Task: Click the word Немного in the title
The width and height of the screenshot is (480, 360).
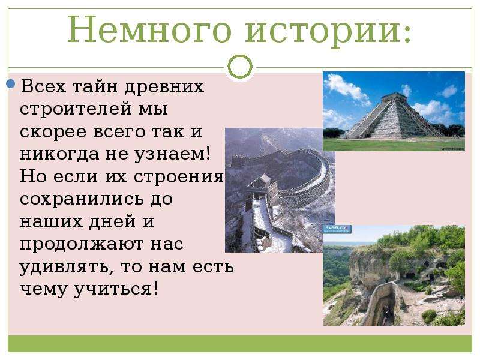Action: click(x=149, y=29)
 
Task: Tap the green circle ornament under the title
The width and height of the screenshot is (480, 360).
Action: click(x=240, y=67)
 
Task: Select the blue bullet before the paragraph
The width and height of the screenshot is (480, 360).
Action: click(x=11, y=83)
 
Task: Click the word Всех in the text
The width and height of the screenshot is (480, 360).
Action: click(x=43, y=86)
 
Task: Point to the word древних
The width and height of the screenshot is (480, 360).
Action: click(x=164, y=86)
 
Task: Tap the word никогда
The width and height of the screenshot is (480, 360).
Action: click(x=59, y=154)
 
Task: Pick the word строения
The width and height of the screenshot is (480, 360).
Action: click(x=179, y=177)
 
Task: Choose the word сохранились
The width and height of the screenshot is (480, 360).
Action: click(x=82, y=199)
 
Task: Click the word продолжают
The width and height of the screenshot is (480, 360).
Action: click(x=82, y=245)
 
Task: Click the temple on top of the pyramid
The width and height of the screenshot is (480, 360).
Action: click(x=394, y=97)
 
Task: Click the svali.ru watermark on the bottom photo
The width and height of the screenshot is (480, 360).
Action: click(x=337, y=229)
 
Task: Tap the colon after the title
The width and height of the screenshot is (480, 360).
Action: click(x=407, y=34)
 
